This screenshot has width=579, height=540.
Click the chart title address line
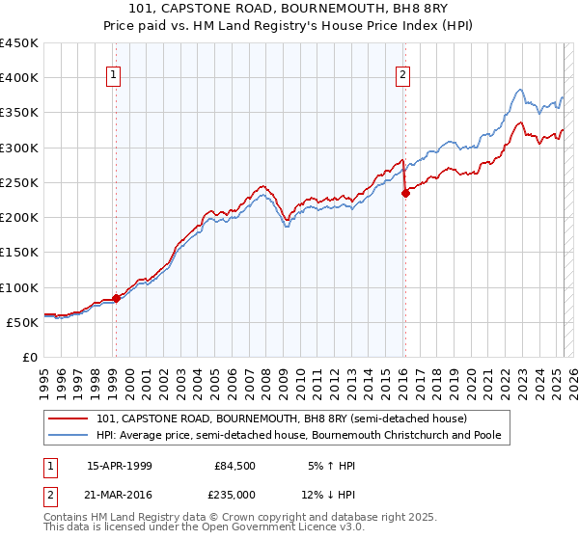[289, 9]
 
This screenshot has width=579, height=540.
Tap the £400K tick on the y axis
[18, 78]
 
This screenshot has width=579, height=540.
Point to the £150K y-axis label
[18, 252]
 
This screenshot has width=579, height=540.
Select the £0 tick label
[29, 357]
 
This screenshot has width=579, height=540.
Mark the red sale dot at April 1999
[116, 298]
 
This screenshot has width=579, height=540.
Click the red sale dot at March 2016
[405, 193]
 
